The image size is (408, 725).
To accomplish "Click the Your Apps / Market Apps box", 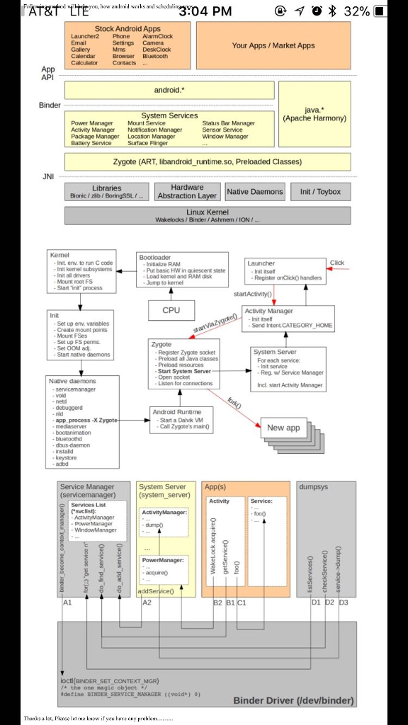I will (273, 45).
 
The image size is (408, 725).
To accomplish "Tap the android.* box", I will (169, 90).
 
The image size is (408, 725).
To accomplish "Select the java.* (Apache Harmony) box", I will (314, 114).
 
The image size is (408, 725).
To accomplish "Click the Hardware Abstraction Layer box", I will (187, 192).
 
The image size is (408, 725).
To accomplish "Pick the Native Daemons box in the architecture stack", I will (255, 191).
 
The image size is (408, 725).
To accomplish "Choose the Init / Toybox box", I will (320, 191).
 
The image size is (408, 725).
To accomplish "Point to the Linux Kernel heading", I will (208, 212).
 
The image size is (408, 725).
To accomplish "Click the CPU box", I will (171, 309).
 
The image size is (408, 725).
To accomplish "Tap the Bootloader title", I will (154, 258).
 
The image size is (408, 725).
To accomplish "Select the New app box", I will (283, 428).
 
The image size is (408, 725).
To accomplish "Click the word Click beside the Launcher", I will (337, 263).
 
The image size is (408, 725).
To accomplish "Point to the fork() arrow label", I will (234, 404).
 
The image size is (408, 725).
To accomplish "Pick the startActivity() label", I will (252, 293).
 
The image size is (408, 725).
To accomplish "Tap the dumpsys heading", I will (314, 487).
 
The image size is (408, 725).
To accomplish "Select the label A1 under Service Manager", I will (67, 603).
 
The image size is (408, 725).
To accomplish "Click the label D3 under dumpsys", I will (344, 603).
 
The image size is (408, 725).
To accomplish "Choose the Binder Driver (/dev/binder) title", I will (293, 701).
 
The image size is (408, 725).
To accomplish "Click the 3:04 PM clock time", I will (205, 11).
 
